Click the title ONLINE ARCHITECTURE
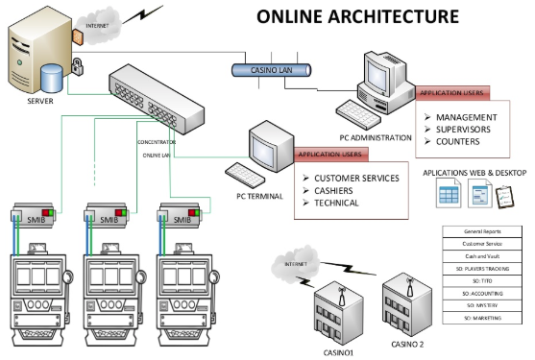pyautogui.click(x=357, y=16)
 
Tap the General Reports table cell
pyautogui.click(x=486, y=231)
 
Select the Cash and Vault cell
pyautogui.click(x=486, y=256)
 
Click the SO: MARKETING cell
pyautogui.click(x=486, y=317)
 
